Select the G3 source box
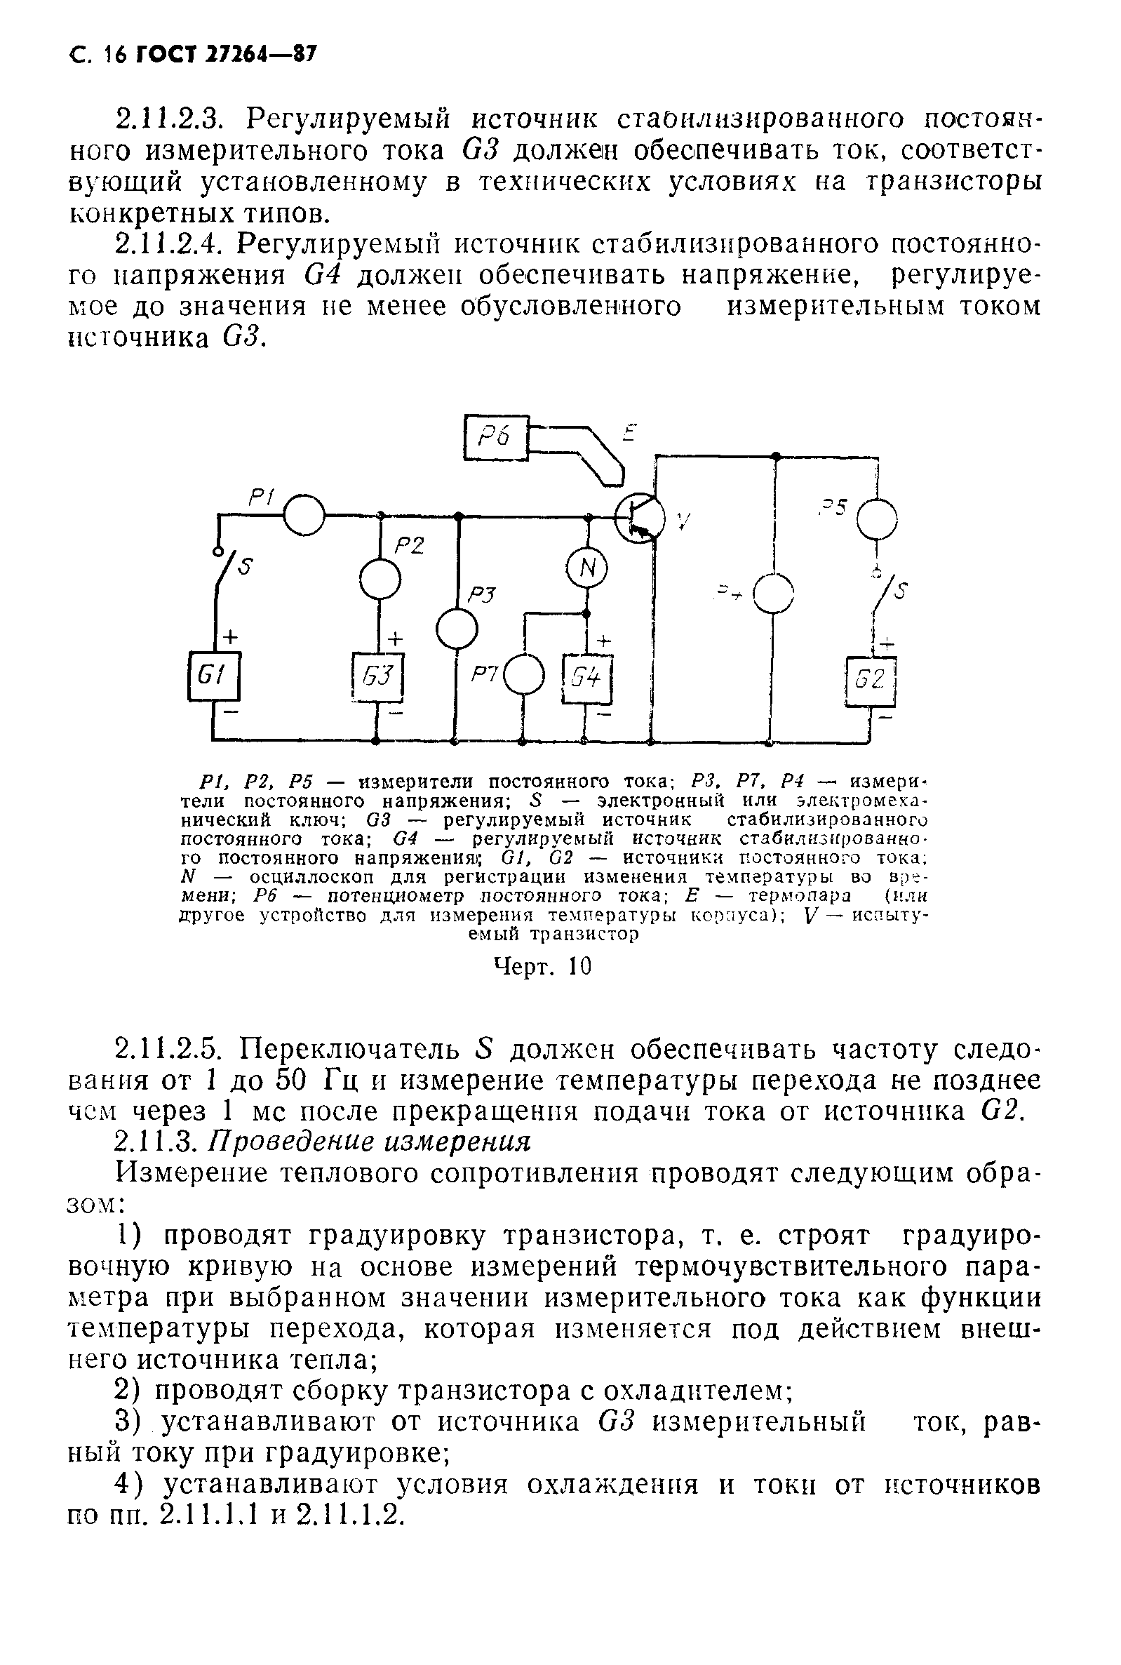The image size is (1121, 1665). (x=378, y=676)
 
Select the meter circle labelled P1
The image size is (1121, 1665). (x=304, y=514)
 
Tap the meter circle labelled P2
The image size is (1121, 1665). (x=380, y=579)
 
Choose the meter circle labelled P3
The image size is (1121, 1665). (x=456, y=629)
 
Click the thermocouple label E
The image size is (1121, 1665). (x=629, y=433)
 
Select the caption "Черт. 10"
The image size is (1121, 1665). (x=544, y=967)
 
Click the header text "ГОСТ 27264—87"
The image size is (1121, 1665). (x=224, y=55)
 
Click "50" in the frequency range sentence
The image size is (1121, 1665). (x=292, y=1081)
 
